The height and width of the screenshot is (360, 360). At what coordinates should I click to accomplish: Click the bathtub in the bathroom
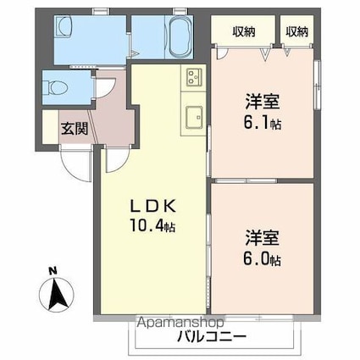point(177,38)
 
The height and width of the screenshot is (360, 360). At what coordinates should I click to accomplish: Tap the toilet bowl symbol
point(58,86)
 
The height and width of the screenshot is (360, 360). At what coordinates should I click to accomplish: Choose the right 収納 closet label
point(296,32)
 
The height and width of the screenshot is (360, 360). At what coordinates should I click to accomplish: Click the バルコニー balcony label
point(211,336)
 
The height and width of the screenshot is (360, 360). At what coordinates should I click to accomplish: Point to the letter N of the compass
point(53,272)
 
